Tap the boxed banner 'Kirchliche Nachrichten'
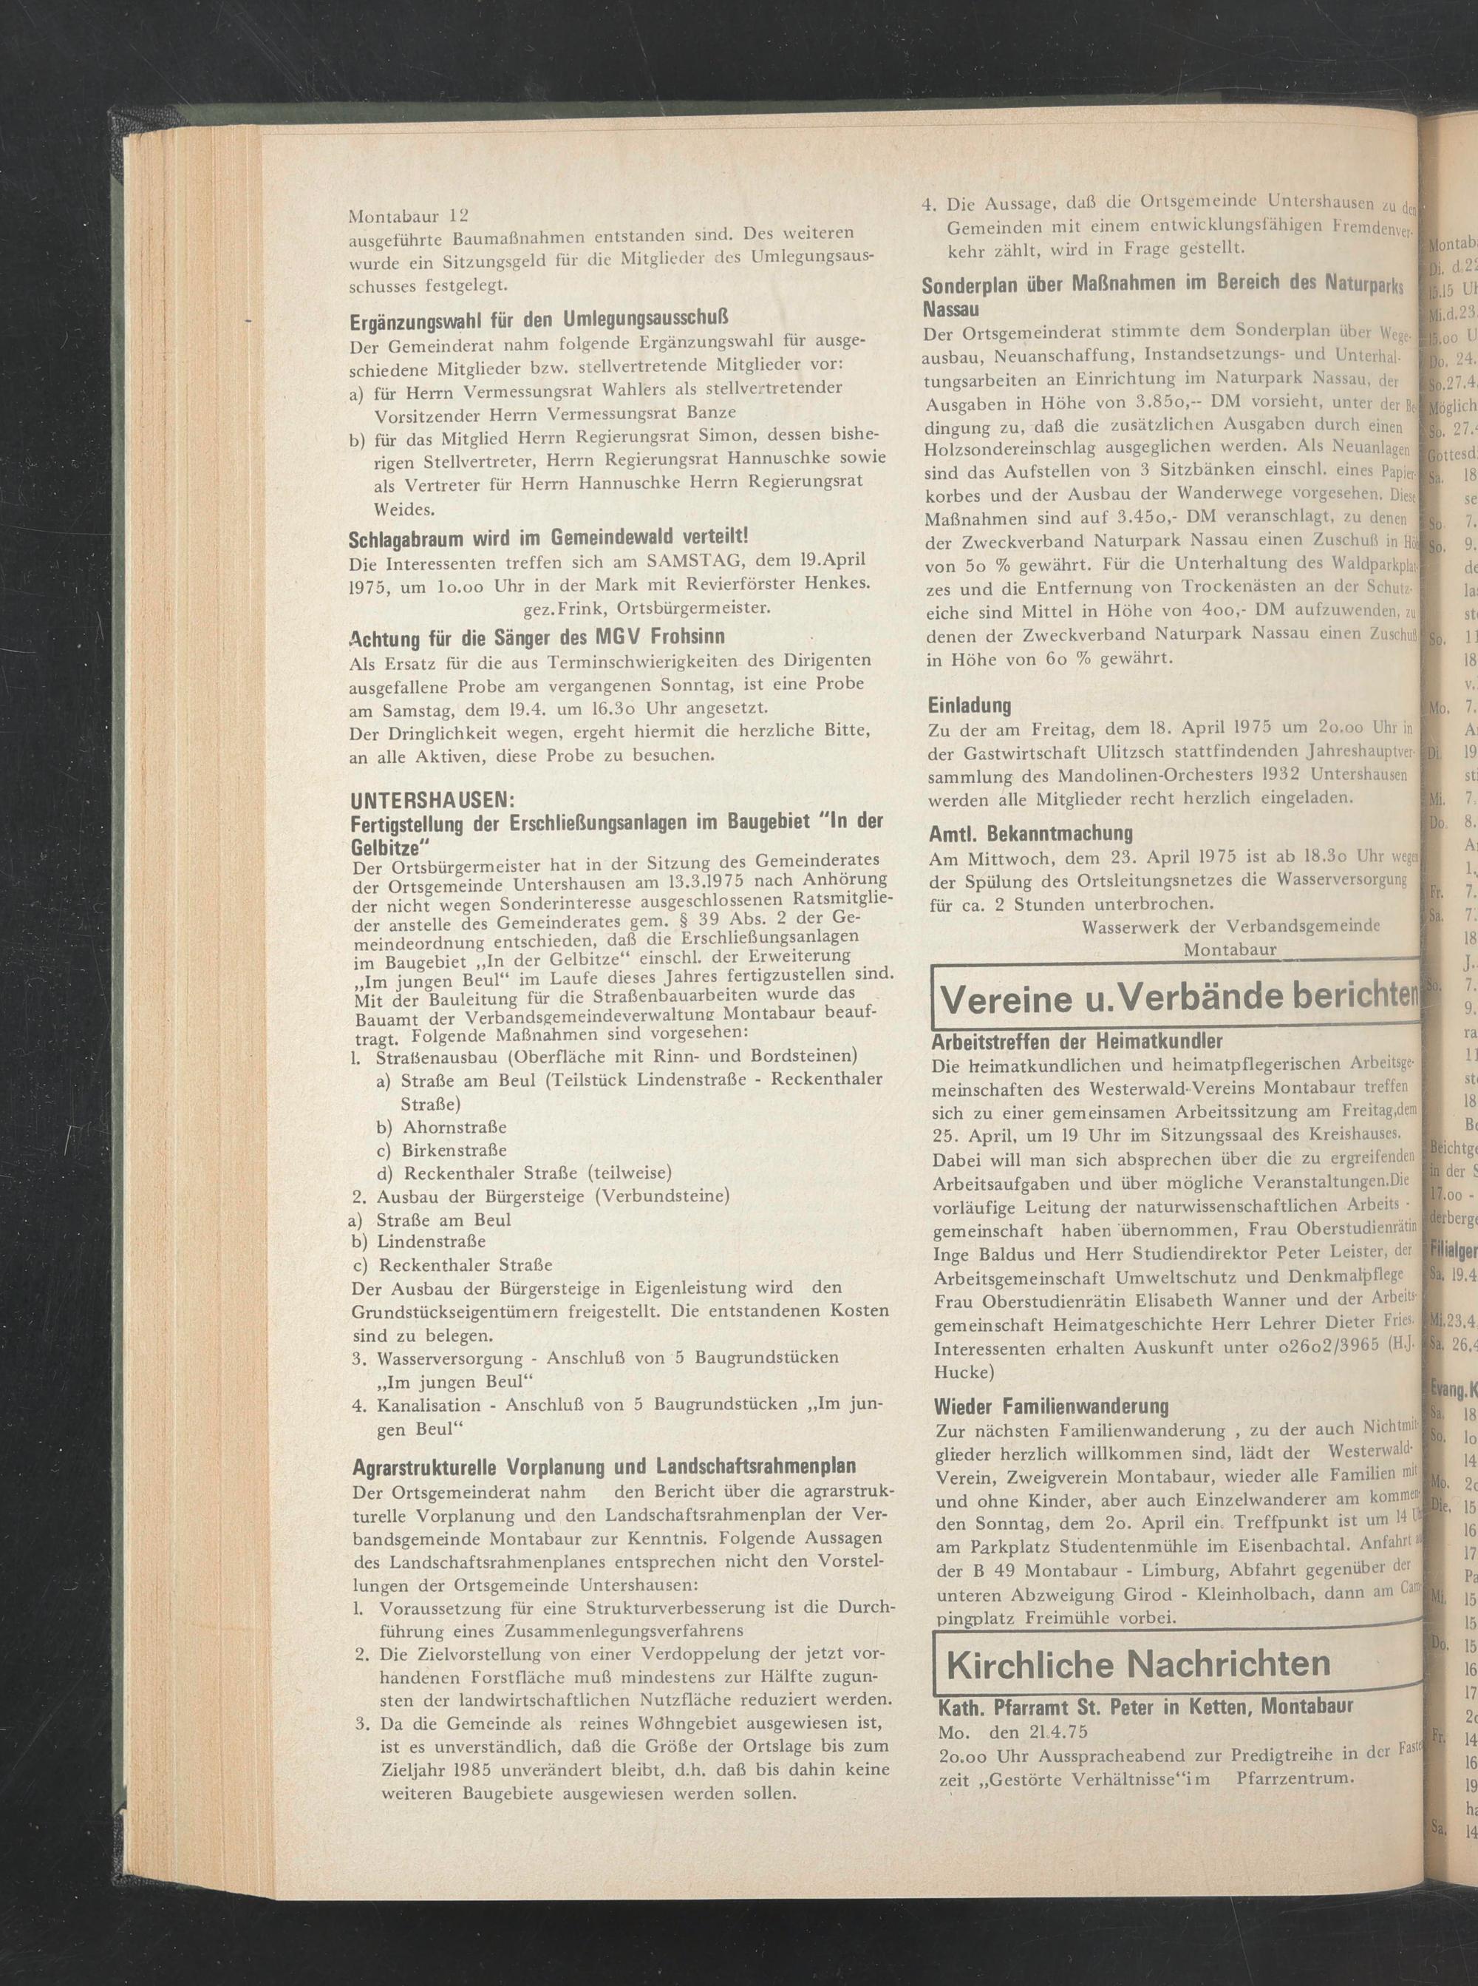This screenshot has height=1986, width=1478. click(x=1137, y=1638)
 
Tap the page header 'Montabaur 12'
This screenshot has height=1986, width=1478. click(x=408, y=216)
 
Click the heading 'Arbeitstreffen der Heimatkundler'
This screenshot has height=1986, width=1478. click(x=1076, y=1042)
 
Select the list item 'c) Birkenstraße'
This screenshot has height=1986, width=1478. click(x=441, y=1149)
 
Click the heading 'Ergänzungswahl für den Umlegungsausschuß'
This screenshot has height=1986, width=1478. click(x=539, y=319)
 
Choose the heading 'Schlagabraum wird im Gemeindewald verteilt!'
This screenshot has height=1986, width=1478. click(x=548, y=537)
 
